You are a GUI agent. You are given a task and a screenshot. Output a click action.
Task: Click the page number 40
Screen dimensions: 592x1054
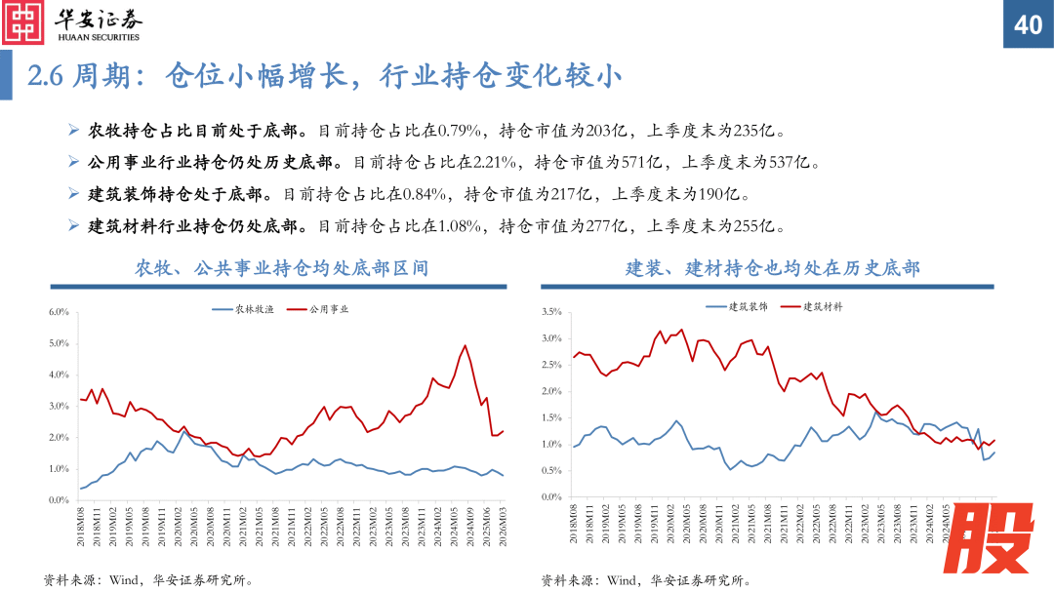(1029, 24)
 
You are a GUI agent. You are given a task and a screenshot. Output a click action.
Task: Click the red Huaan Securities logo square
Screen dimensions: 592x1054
(23, 23)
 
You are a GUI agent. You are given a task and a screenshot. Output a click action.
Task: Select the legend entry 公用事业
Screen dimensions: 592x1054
(329, 309)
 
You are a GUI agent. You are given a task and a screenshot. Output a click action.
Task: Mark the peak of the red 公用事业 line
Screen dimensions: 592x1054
(465, 345)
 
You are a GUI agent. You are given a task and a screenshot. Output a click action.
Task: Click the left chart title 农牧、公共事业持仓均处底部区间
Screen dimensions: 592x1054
(281, 267)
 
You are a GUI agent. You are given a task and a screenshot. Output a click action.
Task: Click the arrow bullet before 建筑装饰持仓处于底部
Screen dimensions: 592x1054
(75, 194)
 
